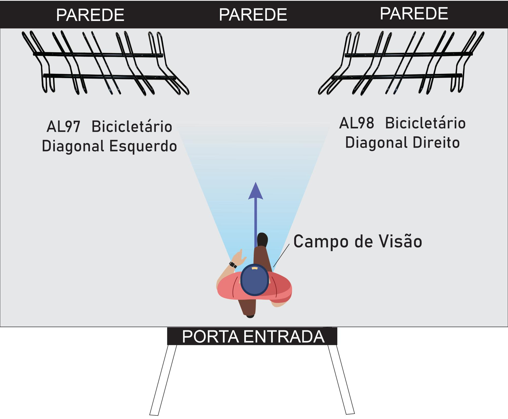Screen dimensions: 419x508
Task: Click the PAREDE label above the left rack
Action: (x=90, y=15)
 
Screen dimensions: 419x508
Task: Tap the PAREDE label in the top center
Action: (x=253, y=15)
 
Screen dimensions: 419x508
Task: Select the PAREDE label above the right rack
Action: (x=414, y=14)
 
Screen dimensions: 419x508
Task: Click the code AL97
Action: (x=63, y=127)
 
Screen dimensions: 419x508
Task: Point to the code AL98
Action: (x=357, y=123)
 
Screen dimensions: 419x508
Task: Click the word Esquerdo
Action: (x=143, y=146)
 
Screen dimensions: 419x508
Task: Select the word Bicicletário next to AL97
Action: (x=132, y=127)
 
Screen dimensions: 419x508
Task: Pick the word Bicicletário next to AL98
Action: (x=425, y=123)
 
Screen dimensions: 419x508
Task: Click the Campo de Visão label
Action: (x=358, y=241)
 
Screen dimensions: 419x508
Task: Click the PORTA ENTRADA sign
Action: (x=253, y=336)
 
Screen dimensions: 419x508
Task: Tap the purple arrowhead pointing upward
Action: (x=256, y=191)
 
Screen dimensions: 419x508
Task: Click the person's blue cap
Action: (x=255, y=280)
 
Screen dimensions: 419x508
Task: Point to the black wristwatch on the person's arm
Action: (x=233, y=265)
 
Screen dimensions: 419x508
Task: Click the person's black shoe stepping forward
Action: (x=262, y=239)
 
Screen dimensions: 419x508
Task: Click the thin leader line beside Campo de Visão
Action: (x=281, y=256)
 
